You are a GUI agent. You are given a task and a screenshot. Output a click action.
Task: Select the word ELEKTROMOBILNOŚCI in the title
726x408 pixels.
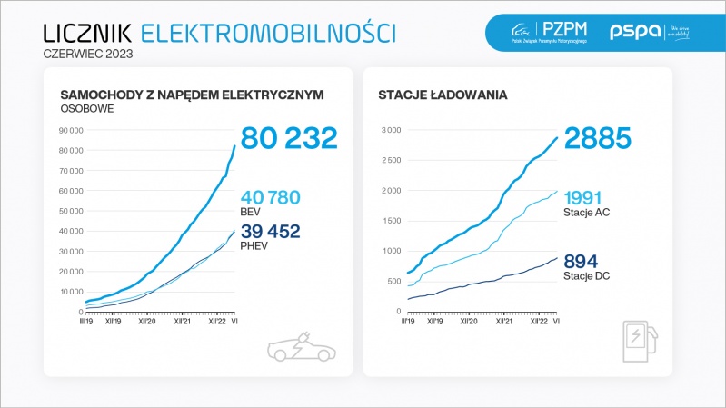coord(268,33)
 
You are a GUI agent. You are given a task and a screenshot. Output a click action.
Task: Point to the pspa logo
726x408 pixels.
coord(631,32)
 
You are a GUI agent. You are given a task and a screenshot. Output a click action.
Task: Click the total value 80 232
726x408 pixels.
coord(289,137)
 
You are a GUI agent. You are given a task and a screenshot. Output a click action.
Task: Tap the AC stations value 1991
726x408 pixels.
coord(590,197)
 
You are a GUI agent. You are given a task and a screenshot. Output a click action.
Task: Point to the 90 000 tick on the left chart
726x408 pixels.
coord(70,130)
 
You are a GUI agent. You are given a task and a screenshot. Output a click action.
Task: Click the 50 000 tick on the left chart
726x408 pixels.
coord(70,211)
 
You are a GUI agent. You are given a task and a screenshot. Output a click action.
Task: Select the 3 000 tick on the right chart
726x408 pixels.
coord(390,130)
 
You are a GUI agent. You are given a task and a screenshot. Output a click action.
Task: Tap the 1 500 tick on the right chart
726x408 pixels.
coord(390,221)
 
